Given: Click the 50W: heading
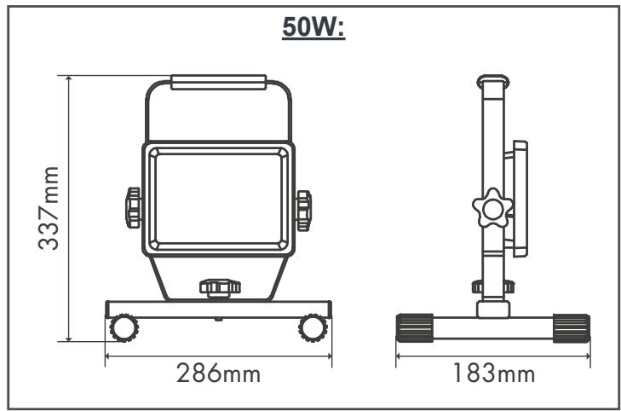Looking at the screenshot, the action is point(313,28).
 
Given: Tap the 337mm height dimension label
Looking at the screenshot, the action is point(49,208).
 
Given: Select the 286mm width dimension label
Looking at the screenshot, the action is point(218,373).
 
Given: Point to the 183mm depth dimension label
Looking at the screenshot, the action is point(493,373).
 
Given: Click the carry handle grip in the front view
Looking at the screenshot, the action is point(219,82).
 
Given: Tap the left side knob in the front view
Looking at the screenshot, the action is point(134,208).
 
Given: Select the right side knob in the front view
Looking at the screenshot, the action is point(304,211).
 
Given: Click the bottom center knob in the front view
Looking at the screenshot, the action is point(220,288).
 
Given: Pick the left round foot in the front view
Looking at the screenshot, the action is point(124,328).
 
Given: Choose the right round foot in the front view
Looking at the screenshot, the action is point(313,328).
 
